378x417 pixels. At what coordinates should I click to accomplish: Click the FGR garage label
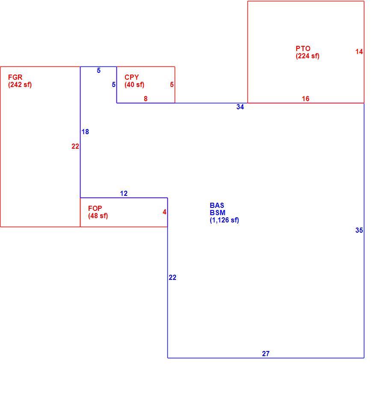coord(15,78)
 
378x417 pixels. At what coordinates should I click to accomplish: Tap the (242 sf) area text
coord(20,85)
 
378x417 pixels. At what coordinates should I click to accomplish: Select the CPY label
coord(132,78)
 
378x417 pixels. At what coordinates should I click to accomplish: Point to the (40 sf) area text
coord(134,85)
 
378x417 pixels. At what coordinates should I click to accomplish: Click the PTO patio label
coord(303,49)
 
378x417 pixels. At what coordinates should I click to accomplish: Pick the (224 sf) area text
coord(308,56)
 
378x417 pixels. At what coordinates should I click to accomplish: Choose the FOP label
coord(95,208)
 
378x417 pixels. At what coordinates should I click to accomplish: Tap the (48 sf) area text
coord(98,216)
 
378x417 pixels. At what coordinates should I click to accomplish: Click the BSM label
coord(217,213)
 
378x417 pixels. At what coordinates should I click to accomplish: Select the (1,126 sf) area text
coord(224,220)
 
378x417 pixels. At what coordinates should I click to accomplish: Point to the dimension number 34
coord(240,107)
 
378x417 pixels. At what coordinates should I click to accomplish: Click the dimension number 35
coord(359,230)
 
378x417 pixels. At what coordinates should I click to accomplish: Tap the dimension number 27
coord(266,354)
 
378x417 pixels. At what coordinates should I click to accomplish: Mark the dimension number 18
coord(85,132)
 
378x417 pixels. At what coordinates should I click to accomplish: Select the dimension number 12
coord(124,193)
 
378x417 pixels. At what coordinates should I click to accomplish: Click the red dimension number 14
coord(359,51)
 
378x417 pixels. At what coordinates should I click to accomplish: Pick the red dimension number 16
coord(306,99)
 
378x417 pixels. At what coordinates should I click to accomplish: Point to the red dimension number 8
coord(146,99)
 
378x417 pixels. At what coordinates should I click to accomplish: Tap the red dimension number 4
coord(164,212)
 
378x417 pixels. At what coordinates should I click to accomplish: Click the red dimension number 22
coord(75,146)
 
